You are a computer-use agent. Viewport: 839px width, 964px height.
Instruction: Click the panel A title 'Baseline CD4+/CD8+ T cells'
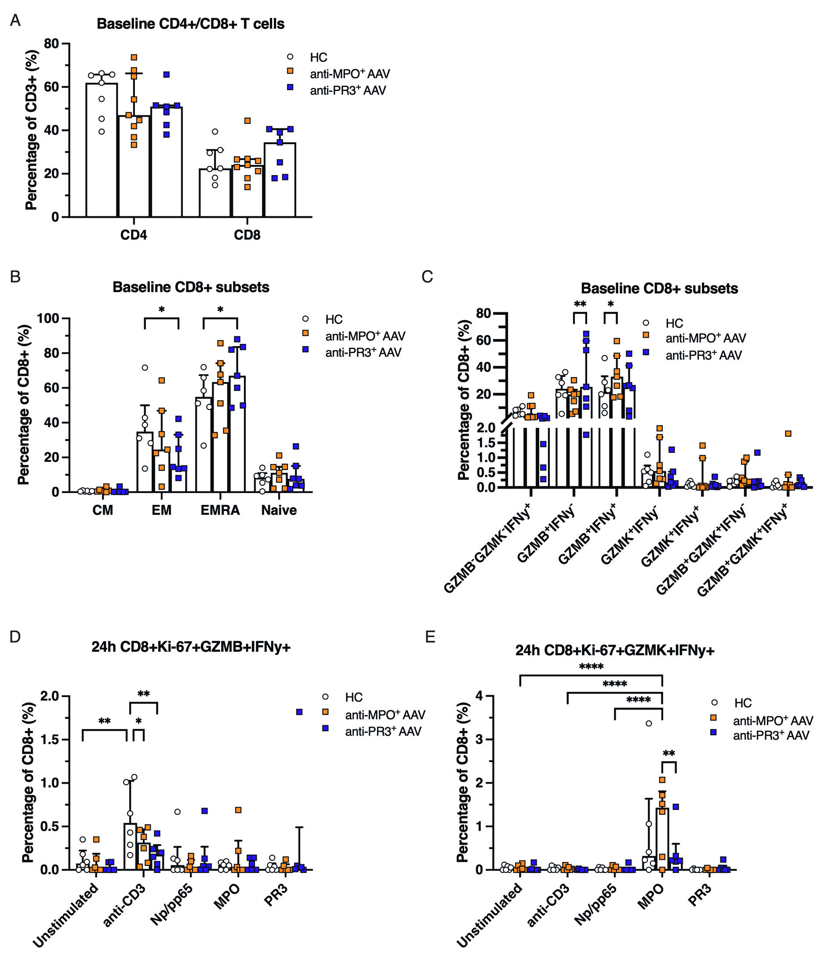191,24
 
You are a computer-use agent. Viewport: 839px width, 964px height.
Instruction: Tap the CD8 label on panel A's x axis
247,235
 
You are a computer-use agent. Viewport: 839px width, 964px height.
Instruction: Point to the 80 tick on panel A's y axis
51,44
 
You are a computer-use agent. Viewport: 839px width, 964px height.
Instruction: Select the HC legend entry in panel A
318,57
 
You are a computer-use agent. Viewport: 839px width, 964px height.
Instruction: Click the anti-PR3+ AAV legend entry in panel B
363,352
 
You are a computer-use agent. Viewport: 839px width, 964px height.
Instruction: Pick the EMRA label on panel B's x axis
220,510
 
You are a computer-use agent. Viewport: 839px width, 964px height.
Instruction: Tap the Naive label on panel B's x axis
279,510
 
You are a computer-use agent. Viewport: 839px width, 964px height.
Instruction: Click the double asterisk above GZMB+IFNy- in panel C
580,304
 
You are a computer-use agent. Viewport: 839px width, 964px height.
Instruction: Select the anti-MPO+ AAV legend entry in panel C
705,338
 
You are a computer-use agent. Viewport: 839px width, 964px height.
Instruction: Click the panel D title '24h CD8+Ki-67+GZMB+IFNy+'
191,647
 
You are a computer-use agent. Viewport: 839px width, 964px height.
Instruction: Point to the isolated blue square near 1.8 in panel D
299,712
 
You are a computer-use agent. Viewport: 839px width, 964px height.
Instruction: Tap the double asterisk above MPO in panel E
668,754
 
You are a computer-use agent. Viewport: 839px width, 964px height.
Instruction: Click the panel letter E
429,638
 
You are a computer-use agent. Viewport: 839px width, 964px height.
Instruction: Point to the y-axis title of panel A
31,130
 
